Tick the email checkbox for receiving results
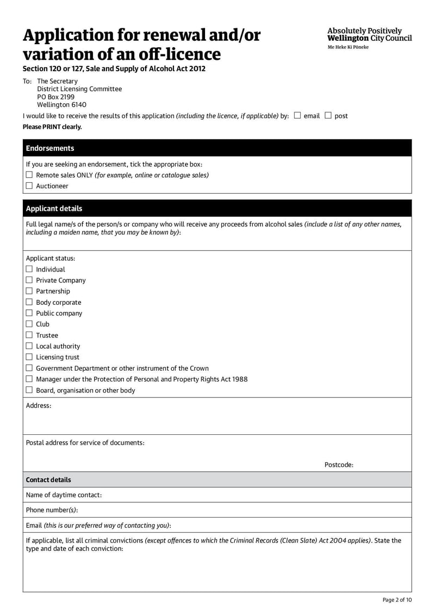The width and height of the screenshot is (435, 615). [297, 115]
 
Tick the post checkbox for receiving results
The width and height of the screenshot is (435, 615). [328, 115]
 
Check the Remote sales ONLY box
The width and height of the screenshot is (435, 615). [29, 175]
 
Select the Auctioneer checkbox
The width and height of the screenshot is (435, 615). [29, 186]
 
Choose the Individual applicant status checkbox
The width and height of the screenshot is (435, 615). [29, 269]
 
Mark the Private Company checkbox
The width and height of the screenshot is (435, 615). [29, 280]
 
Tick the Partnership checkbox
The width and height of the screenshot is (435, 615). [29, 291]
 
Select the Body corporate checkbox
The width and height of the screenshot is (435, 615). [29, 302]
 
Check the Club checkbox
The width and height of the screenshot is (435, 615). [29, 324]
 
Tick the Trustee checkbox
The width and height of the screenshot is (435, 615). [29, 335]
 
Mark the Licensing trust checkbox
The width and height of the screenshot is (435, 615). [29, 357]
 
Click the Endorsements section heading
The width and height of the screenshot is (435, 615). [50, 148]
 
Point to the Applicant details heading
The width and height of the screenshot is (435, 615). [54, 208]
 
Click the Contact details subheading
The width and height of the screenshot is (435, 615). [48, 479]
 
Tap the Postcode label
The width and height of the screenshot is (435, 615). [339, 465]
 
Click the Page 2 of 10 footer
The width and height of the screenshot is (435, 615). [397, 600]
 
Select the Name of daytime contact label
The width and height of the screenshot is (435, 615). [64, 495]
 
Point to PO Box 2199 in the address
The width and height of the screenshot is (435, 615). [55, 97]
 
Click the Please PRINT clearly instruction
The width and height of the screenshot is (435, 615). [52, 127]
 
